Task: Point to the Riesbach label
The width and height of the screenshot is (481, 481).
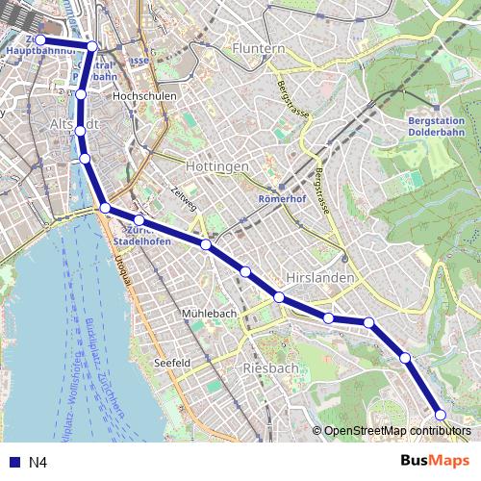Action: tap(271, 368)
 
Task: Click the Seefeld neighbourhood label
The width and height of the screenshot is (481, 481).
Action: tap(172, 363)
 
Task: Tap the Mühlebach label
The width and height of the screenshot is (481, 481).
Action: tap(209, 315)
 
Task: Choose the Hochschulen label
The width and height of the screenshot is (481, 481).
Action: tap(141, 97)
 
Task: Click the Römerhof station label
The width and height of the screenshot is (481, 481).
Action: tap(282, 200)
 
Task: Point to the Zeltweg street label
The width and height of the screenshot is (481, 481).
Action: tap(185, 197)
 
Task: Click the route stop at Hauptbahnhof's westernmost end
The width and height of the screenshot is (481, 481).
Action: tap(40, 40)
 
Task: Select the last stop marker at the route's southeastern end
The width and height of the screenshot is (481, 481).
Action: tap(441, 415)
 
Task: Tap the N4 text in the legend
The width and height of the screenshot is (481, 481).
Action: tap(38, 463)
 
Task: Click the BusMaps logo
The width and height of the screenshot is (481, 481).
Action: tap(435, 461)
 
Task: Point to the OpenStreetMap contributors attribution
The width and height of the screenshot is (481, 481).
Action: tap(397, 431)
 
